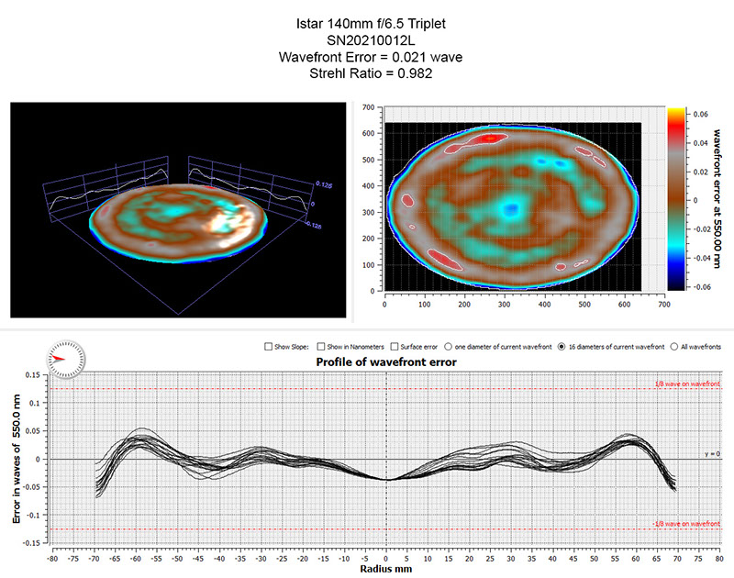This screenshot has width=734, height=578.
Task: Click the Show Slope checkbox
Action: tap(268, 347)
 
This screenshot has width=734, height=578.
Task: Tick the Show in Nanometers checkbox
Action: tap(320, 347)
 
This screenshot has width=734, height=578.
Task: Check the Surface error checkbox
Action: tap(394, 347)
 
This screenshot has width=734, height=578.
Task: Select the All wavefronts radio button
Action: tap(674, 347)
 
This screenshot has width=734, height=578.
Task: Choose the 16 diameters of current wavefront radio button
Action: tap(562, 347)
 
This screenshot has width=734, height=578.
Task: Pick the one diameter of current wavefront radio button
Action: tap(448, 347)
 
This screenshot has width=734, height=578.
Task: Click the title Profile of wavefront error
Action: tap(386, 361)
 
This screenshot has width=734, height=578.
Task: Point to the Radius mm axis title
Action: tap(386, 568)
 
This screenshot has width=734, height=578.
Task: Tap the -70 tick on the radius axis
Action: tap(94, 557)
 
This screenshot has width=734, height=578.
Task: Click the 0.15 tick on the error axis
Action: tap(37, 374)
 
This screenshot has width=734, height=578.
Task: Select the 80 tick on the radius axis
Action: tap(720, 557)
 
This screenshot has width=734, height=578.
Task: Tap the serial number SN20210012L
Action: tap(366, 40)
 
